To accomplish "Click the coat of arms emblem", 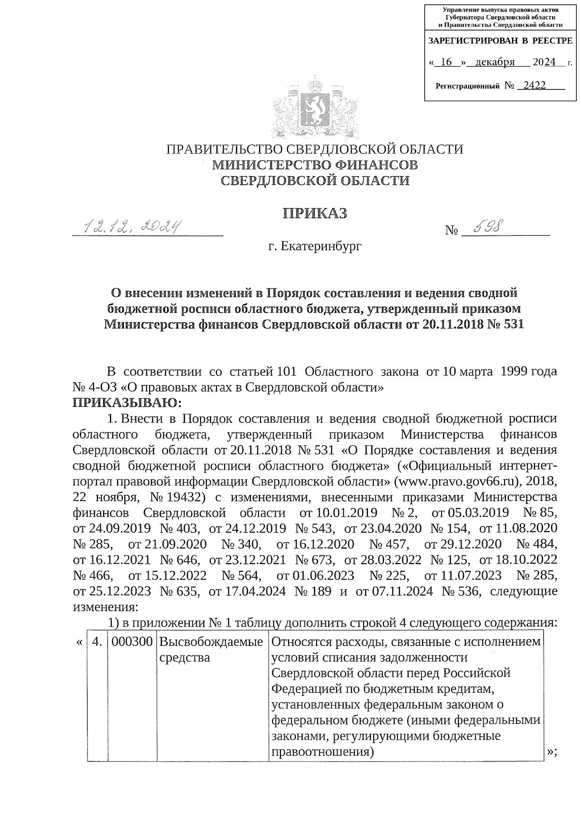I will tap(315, 106).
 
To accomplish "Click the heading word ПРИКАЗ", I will tap(315, 213).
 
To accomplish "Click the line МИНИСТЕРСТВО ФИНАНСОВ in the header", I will tap(315, 165).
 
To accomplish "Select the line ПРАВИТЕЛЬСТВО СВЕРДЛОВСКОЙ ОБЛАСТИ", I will tap(315, 149).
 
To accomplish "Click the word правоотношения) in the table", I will tap(323, 752).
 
